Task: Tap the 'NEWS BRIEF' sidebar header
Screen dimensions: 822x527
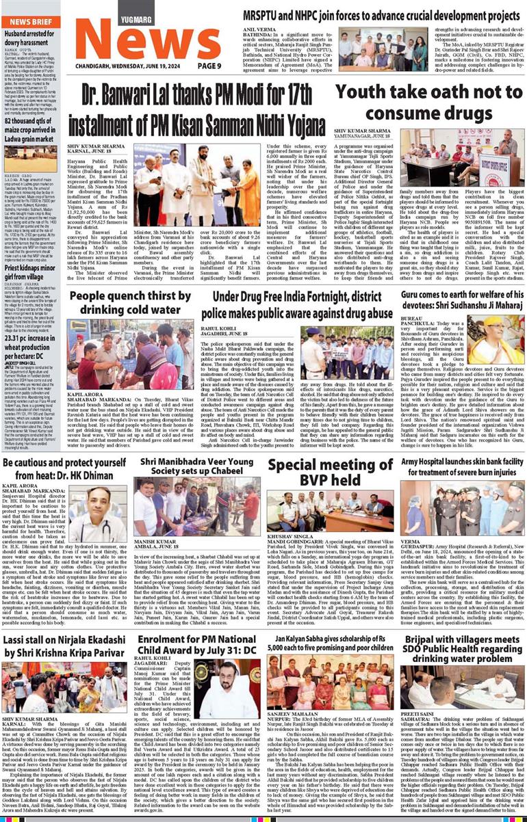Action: coord(29,21)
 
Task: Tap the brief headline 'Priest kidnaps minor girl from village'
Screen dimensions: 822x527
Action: coord(30,274)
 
